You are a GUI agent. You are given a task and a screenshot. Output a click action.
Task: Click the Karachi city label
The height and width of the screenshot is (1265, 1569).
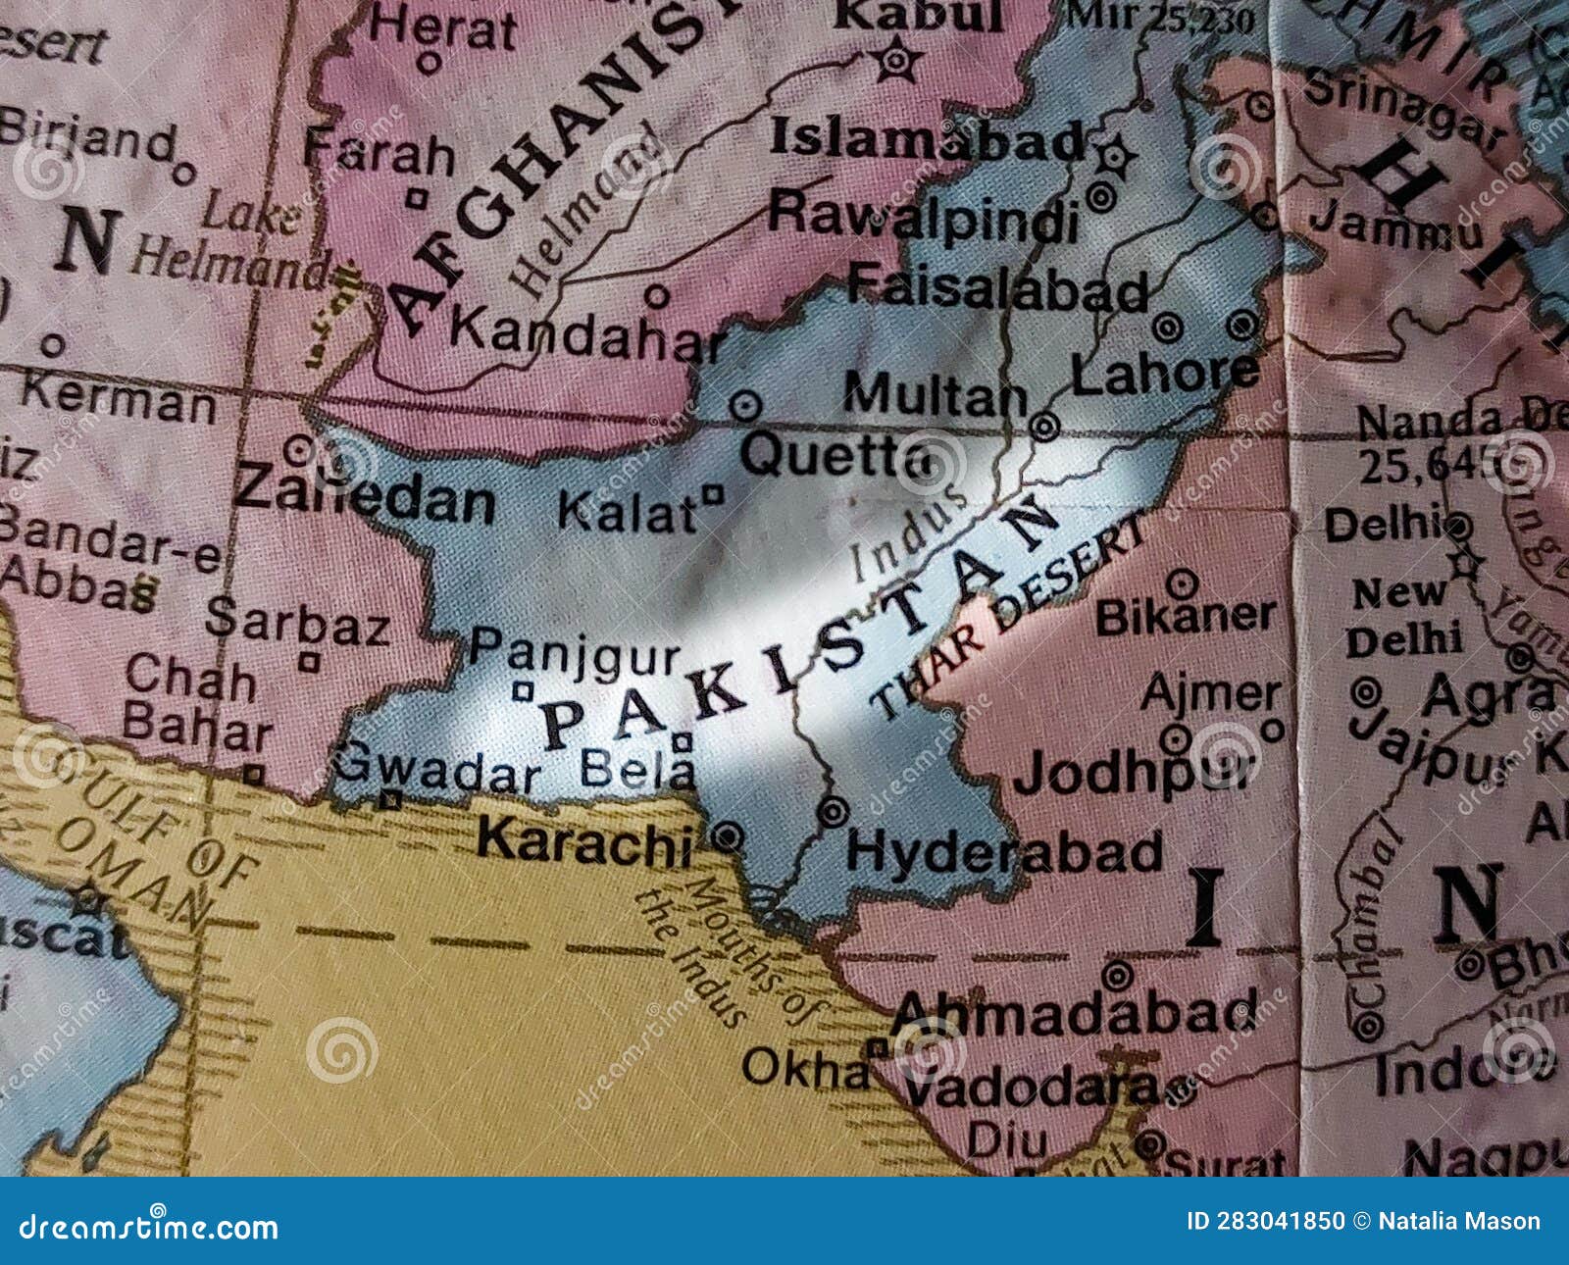584,841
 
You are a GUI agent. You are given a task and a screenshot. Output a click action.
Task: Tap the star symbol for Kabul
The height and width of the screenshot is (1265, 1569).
895,62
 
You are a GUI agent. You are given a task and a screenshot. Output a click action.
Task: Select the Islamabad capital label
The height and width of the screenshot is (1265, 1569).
927,140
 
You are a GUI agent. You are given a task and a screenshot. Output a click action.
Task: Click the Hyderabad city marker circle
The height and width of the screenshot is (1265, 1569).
835,812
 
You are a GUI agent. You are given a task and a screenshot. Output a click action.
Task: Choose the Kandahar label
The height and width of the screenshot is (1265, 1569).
586,335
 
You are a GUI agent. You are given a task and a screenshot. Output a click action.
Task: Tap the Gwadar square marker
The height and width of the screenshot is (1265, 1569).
391,800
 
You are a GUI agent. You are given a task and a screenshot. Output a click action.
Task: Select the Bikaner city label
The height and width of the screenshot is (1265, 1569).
1185,616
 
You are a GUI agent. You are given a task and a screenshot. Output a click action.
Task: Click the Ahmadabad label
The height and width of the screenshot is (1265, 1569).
1073,1013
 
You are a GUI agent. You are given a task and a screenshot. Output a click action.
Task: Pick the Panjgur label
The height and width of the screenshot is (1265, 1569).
575,648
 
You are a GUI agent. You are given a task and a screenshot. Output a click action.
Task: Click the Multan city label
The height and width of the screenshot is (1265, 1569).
934,397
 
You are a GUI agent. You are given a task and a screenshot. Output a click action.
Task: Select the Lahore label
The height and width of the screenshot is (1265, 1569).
1164,373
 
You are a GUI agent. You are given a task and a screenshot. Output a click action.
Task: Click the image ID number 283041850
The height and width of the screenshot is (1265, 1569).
1280,1221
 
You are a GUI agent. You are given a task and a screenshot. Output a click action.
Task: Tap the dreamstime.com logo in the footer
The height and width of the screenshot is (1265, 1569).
149,1226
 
